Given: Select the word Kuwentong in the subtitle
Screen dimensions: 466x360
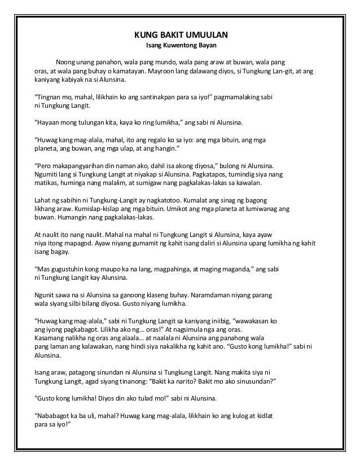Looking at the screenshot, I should click(179, 45).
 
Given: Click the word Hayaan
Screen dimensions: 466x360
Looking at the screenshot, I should click(49, 121).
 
